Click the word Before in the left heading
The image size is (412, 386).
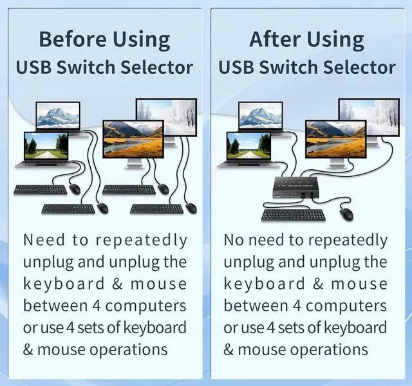coord(71,39)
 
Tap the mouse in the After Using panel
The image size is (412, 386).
coord(346,214)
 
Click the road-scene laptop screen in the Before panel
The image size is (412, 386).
coord(46,146)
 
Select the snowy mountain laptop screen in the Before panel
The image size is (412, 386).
coord(58,116)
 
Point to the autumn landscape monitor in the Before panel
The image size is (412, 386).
coord(133,139)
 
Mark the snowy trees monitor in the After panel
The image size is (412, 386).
coord(369,116)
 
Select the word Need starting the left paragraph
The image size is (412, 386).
coord(44,241)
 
